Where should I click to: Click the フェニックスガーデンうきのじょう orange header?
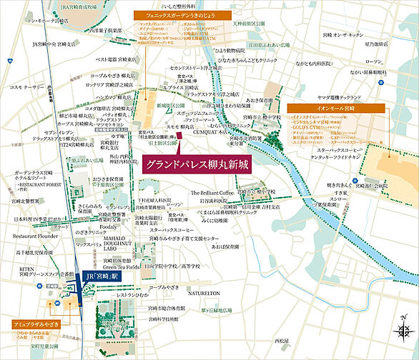click(x=179, y=14)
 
